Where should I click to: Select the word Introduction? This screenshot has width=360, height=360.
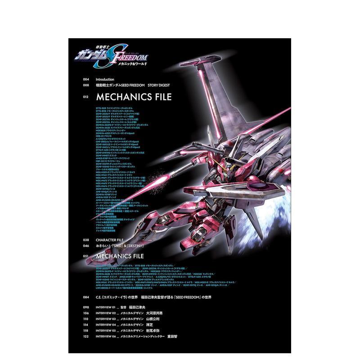coord(106,79)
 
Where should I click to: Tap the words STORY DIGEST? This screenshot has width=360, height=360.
coord(161,85)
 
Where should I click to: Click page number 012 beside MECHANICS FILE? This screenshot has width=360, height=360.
coord(87,97)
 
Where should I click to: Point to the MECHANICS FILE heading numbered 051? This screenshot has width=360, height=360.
coord(127,256)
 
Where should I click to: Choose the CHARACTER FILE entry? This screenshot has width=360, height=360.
coord(109,240)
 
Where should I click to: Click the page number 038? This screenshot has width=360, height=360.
coord(86,240)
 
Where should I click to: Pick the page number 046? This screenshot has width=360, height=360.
coord(86,246)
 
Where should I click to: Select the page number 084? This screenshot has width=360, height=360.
coord(86,297)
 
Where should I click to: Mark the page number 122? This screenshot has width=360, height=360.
coord(86,336)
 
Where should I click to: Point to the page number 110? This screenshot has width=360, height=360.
coord(86,318)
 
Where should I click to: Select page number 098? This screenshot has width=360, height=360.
coord(86,306)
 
